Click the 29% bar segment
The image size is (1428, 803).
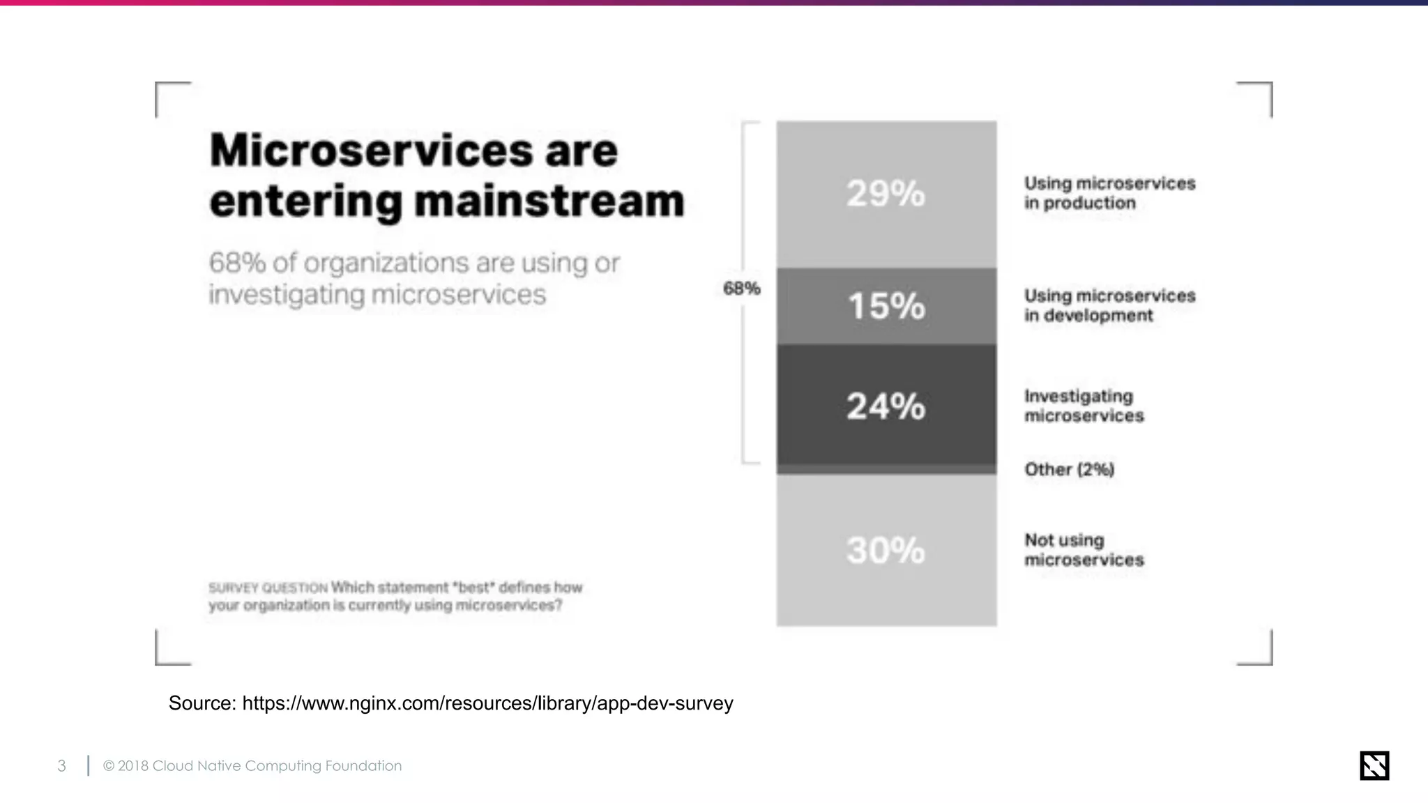coord(886,194)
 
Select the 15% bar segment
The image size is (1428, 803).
coord(886,306)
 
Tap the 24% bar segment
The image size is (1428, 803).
coord(886,406)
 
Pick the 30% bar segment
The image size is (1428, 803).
coord(886,550)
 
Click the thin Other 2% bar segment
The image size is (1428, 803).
coord(886,469)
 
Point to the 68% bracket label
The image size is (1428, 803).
coord(741,289)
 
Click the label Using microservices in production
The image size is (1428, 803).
coord(1109,193)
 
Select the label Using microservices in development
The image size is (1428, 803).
coord(1109,305)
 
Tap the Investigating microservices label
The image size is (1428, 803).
coord(1084,406)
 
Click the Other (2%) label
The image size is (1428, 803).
coord(1069,469)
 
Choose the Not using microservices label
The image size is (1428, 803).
coord(1084,550)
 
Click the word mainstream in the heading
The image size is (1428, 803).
coord(549,201)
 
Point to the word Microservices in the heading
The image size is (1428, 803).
coord(370,151)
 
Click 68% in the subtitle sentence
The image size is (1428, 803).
coord(237,263)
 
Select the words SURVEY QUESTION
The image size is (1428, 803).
coord(268,588)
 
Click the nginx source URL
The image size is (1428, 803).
coord(487,703)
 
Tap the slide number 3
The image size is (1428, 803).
coord(62,766)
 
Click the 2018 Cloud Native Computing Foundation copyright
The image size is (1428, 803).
coord(252,766)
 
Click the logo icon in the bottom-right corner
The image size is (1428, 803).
coord(1374,765)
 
